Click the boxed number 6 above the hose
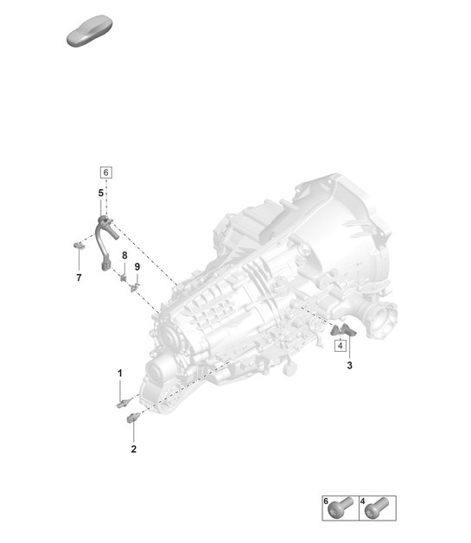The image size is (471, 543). tap(105, 171)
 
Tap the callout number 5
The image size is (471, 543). tap(101, 192)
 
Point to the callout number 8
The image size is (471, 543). tap(124, 256)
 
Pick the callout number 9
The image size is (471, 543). tap(137, 266)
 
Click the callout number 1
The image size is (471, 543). tap(120, 372)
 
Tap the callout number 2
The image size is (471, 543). tap(133, 449)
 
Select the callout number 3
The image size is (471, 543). tap(350, 366)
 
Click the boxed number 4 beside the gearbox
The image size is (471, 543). tap(341, 346)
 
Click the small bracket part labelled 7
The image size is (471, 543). tap(78, 246)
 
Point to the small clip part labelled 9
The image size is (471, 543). tap(134, 286)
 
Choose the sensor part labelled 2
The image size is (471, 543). tap(133, 419)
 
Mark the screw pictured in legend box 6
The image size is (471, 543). tap(341, 508)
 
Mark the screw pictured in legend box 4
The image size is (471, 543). tap(378, 508)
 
